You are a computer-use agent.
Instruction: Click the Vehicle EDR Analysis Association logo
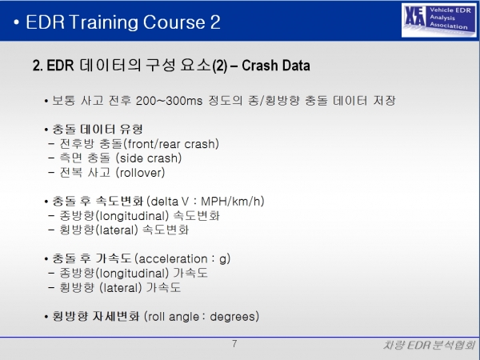pos(439,20)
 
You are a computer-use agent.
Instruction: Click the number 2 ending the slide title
pos(215,22)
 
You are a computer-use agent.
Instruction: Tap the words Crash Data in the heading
pos(276,66)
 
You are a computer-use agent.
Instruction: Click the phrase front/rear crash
pos(171,144)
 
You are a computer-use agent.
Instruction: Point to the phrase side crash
pos(149,158)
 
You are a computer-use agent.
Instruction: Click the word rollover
pos(141,173)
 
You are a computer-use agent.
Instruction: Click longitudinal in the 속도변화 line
pos(132,216)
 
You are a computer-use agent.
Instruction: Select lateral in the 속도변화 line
pos(117,230)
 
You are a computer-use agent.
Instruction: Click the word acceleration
pos(173,259)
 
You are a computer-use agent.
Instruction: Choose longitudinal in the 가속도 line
pos(132,273)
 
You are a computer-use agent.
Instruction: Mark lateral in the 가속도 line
pos(121,288)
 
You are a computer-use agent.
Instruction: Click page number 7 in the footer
pos(234,344)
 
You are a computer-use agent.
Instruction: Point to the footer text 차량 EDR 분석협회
pos(429,346)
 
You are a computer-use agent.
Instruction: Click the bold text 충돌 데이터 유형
pos(98,129)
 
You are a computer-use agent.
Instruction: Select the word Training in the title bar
pos(103,23)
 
